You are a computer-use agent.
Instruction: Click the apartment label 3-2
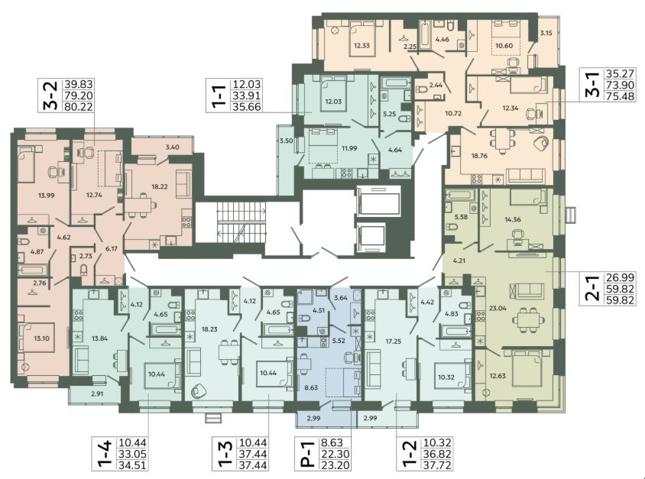pyautogui.click(x=50, y=95)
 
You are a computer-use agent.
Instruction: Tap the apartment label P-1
pyautogui.click(x=305, y=455)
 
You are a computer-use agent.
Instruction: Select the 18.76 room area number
pyautogui.click(x=480, y=156)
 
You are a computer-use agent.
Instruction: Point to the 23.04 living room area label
pyautogui.click(x=498, y=308)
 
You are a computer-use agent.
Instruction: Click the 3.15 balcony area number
pyautogui.click(x=546, y=34)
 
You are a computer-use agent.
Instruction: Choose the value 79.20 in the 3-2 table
pyautogui.click(x=79, y=95)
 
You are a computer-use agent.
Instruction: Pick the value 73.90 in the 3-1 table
pyautogui.click(x=620, y=85)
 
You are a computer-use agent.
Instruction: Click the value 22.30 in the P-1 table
pyautogui.click(x=335, y=454)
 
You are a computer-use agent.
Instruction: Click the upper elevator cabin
pyautogui.click(x=378, y=201)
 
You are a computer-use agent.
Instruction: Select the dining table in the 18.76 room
pyautogui.click(x=503, y=140)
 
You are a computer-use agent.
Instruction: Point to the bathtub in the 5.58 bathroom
pyautogui.click(x=460, y=194)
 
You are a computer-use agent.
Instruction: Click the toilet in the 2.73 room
pyautogui.click(x=84, y=270)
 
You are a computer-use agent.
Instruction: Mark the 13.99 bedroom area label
pyautogui.click(x=46, y=196)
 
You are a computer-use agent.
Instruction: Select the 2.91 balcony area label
pyautogui.click(x=97, y=393)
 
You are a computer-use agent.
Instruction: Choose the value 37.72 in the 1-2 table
pyautogui.click(x=438, y=465)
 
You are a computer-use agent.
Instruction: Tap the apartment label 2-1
pyautogui.click(x=594, y=289)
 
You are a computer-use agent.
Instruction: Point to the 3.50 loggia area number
pyautogui.click(x=286, y=141)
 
